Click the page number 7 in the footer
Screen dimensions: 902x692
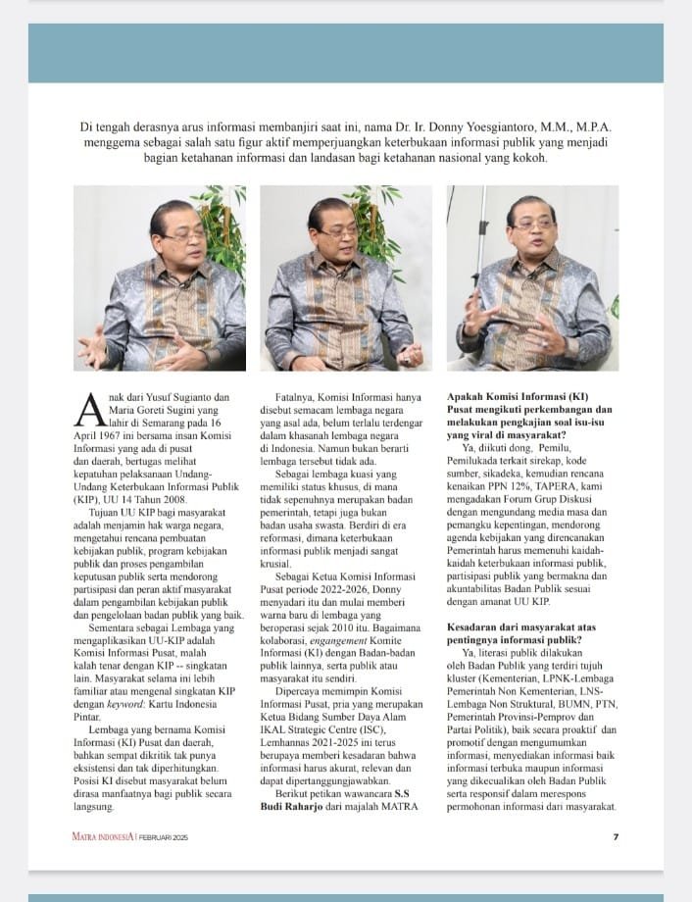pos(615,836)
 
